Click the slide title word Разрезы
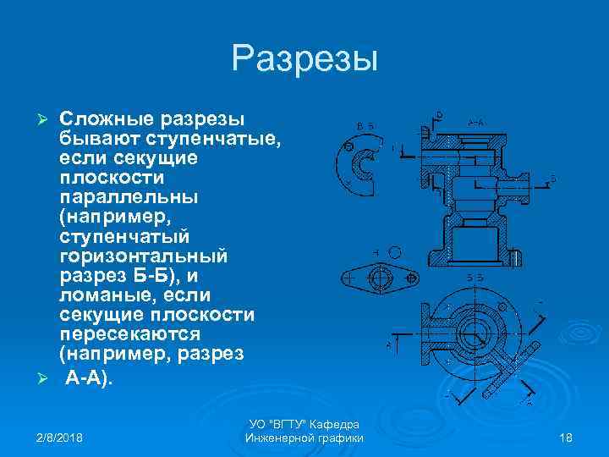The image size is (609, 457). click(x=304, y=59)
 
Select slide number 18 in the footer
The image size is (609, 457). click(x=567, y=437)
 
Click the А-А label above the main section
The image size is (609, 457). click(x=476, y=123)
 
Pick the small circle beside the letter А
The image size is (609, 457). click(x=395, y=251)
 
